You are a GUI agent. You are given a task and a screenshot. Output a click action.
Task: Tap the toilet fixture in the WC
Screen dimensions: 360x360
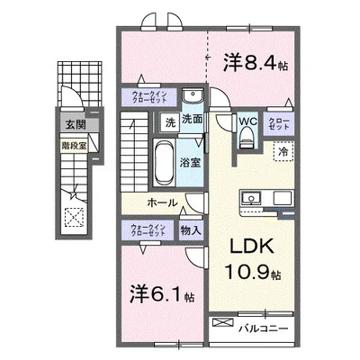pyautogui.click(x=247, y=137)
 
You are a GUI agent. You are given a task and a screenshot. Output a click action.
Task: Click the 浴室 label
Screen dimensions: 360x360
pyautogui.click(x=189, y=165)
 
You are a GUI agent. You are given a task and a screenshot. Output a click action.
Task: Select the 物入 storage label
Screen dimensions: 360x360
pyautogui.click(x=191, y=231)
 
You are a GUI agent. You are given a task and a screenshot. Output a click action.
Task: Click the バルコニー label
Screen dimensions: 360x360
pyautogui.click(x=264, y=328)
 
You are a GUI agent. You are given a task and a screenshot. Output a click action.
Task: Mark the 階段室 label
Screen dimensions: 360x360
pyautogui.click(x=74, y=141)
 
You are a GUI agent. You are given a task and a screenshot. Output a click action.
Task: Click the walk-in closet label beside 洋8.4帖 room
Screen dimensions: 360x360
pyautogui.click(x=143, y=96)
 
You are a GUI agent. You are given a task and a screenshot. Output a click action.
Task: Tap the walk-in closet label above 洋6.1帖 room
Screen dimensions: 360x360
pyautogui.click(x=143, y=229)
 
